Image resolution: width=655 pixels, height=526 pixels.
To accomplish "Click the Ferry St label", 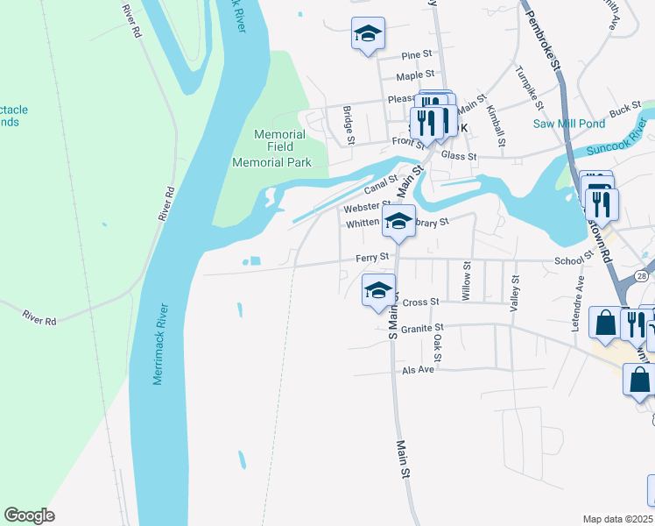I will click(x=371, y=257).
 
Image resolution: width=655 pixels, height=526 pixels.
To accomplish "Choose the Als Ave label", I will click(x=419, y=369).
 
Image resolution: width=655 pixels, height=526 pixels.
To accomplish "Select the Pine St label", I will click(x=418, y=55).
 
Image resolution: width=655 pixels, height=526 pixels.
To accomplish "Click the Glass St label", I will click(x=459, y=156).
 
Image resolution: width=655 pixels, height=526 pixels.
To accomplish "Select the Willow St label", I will click(x=466, y=281).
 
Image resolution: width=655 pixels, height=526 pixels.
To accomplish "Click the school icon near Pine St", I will click(x=368, y=35).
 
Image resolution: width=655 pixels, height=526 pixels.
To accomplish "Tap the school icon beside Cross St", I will click(x=378, y=290).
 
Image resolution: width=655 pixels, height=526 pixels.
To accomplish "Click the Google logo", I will click(x=29, y=515).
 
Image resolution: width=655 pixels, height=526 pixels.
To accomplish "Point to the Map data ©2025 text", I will click(x=618, y=519).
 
